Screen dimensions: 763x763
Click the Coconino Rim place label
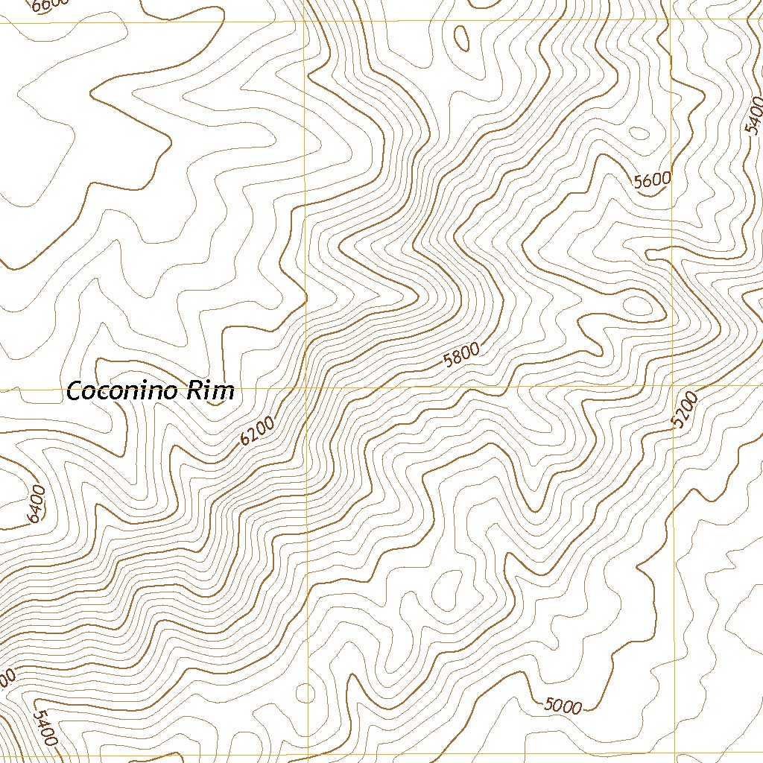(151, 390)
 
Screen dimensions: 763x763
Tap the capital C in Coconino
(75, 390)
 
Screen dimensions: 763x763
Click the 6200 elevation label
(258, 431)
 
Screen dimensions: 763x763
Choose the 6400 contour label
(36, 504)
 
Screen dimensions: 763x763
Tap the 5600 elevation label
(653, 180)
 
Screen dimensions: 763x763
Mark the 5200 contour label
(685, 411)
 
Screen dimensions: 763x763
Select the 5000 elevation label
(563, 705)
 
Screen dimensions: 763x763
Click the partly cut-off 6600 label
(52, 4)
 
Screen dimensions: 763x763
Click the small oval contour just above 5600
(639, 134)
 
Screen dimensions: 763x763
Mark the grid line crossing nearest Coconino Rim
(306, 388)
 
